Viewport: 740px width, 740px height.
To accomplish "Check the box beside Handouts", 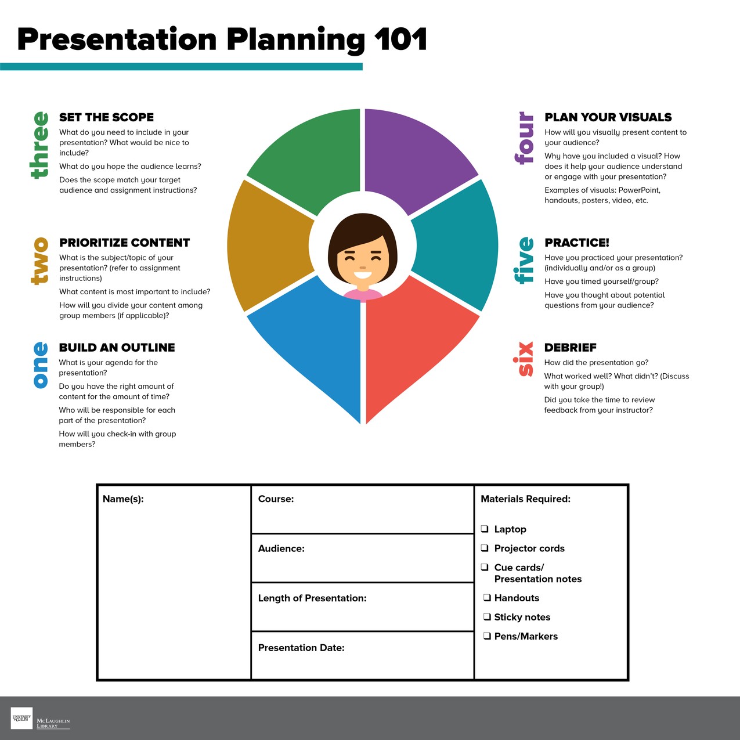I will pos(488,598).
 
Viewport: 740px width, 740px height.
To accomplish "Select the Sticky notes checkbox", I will pos(488,617).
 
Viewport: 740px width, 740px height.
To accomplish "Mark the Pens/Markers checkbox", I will pos(488,636).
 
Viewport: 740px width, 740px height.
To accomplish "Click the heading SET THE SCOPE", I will pos(107,117).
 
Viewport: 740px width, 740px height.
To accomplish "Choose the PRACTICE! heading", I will pos(577,243).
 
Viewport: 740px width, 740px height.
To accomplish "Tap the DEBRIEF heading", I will pos(571,348).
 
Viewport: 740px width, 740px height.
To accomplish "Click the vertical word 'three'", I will pos(39,145).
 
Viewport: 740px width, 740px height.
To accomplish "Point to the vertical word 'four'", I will pos(525,138).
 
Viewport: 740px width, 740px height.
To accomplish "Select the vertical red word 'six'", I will pos(525,359).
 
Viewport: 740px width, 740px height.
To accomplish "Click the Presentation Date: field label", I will pos(301,648).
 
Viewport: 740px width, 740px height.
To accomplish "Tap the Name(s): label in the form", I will pos(123,499).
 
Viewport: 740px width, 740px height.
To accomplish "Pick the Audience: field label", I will pos(281,548).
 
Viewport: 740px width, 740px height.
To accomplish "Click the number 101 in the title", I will pos(400,39).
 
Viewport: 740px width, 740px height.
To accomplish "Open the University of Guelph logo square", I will pos(22,718).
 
